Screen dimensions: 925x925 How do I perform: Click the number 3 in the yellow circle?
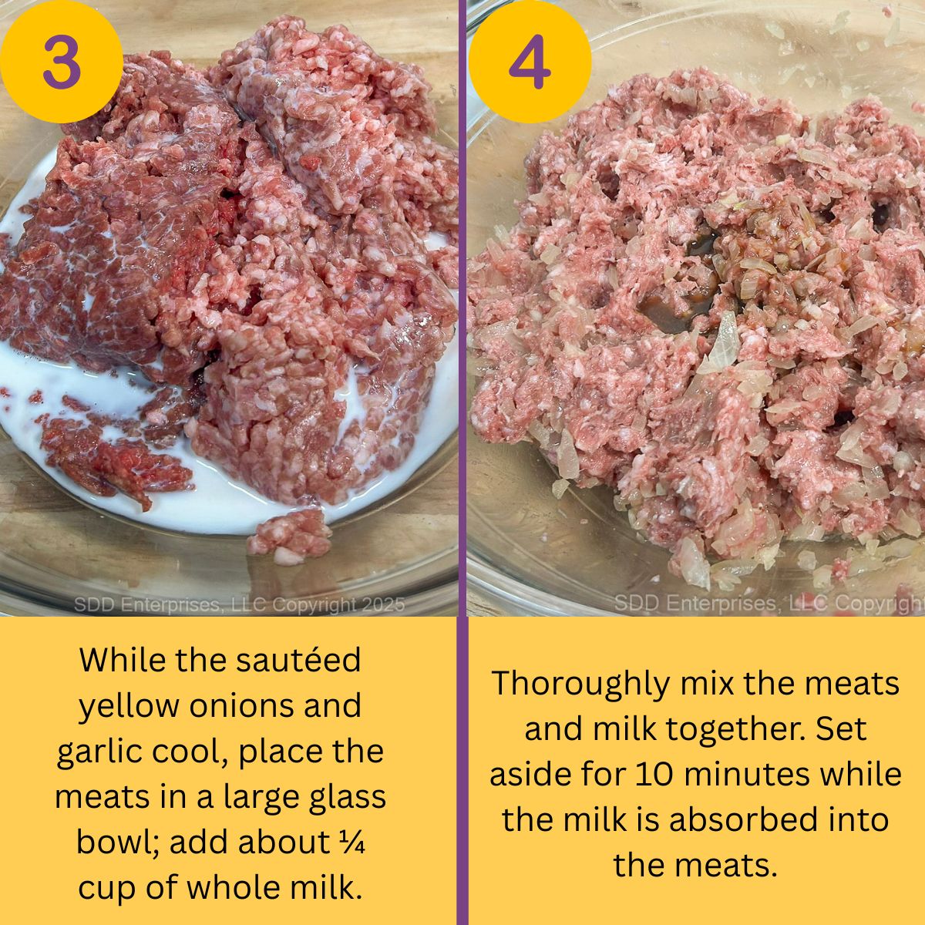(61, 62)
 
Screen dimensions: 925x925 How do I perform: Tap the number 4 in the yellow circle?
(530, 62)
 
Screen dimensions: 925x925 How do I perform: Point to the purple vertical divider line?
(462, 462)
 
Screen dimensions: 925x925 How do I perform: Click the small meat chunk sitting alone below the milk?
(288, 533)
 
